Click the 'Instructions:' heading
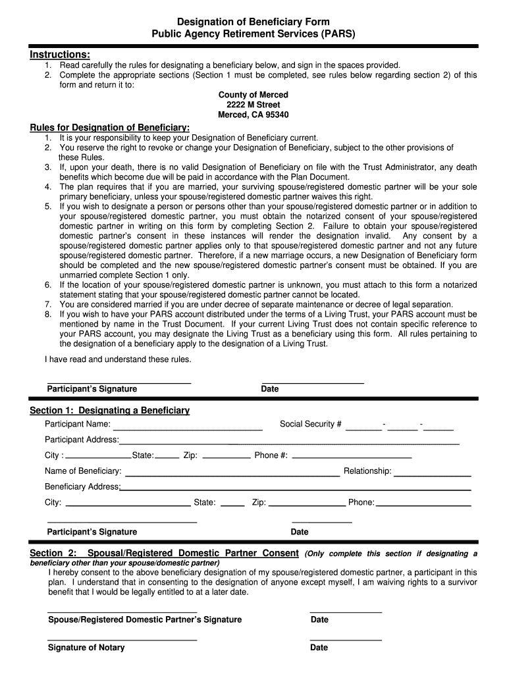60,54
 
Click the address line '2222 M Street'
253,105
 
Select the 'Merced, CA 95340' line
253,115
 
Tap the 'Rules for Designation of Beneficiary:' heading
110,127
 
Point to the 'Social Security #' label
310,424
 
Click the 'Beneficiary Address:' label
82,487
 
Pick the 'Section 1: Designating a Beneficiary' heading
110,411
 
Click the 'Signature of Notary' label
86,648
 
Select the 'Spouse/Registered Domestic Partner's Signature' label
145,620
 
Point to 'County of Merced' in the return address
253,95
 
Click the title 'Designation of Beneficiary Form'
253,22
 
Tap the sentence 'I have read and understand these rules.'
118,359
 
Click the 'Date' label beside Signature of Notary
319,648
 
